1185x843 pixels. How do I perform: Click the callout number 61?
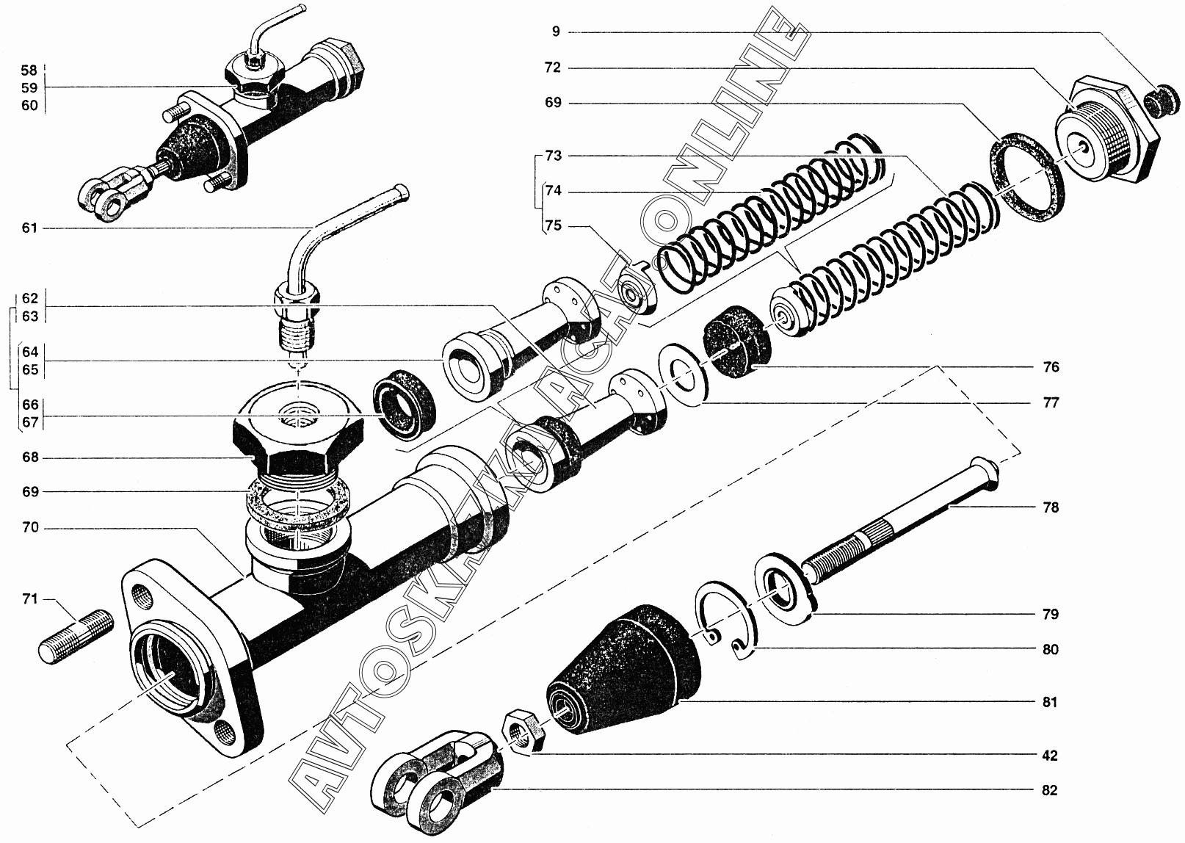(29, 228)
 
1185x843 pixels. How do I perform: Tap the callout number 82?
(1049, 790)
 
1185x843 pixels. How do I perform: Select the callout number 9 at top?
(556, 32)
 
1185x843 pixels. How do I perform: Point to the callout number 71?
(30, 598)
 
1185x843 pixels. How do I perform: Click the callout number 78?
(1050, 507)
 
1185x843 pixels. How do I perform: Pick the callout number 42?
(1050, 755)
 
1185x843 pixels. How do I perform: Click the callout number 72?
(553, 68)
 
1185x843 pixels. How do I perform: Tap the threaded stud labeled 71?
(76, 637)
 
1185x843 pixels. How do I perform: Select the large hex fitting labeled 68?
(298, 431)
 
